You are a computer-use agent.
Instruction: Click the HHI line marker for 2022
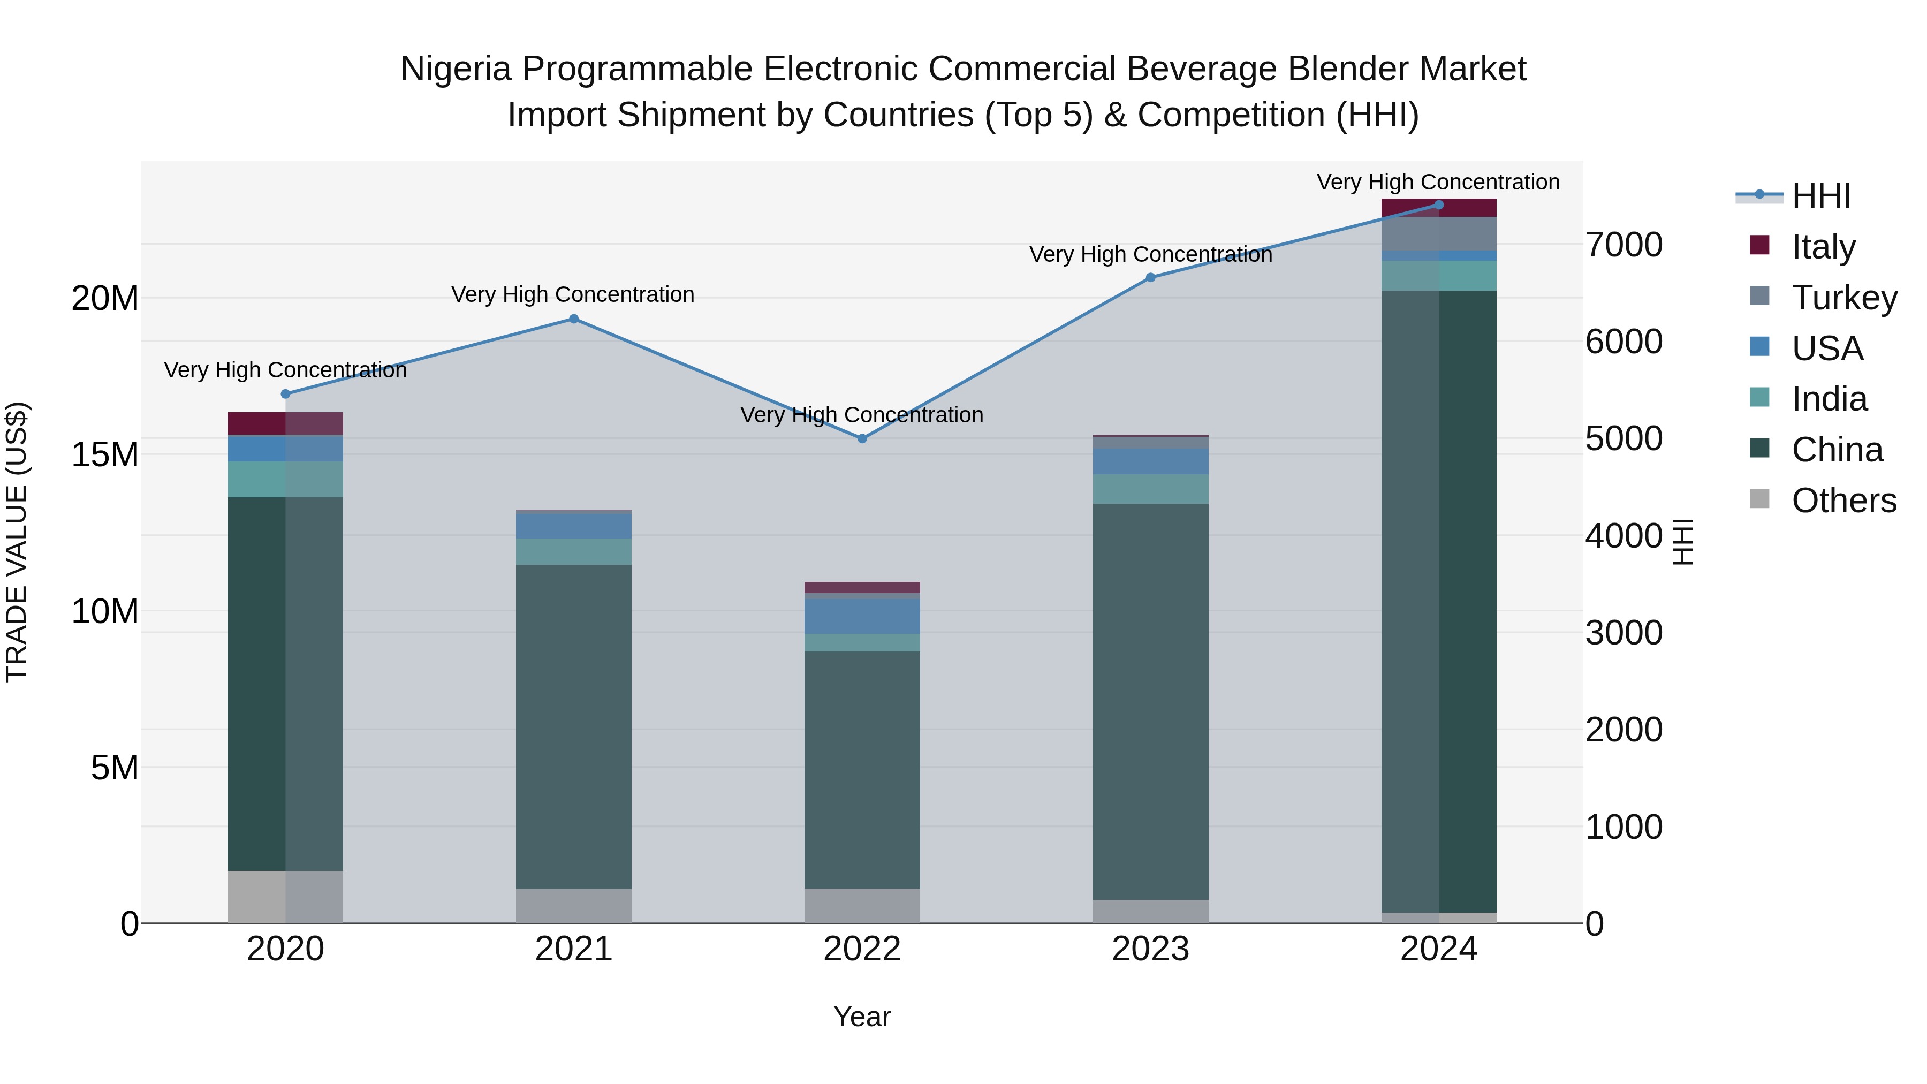point(862,438)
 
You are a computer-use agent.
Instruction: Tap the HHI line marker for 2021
point(574,319)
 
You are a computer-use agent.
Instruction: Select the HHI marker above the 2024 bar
point(1438,205)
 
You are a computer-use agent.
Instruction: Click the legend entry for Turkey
point(1845,297)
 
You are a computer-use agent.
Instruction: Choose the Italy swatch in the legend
point(1759,245)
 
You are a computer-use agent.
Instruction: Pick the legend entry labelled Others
point(1844,500)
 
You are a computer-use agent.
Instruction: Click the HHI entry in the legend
point(1821,195)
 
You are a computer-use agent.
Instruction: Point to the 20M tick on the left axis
point(105,299)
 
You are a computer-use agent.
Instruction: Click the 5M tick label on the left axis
point(115,768)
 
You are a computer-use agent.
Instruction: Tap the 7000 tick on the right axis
point(1624,245)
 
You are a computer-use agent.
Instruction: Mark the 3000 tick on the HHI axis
point(1624,633)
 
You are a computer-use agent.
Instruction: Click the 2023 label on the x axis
point(1150,949)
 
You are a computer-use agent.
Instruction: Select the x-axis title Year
point(862,1017)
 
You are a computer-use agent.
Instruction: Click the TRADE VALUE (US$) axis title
point(17,542)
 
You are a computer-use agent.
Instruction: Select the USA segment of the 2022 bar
point(862,616)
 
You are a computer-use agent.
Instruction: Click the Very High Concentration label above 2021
point(572,294)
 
